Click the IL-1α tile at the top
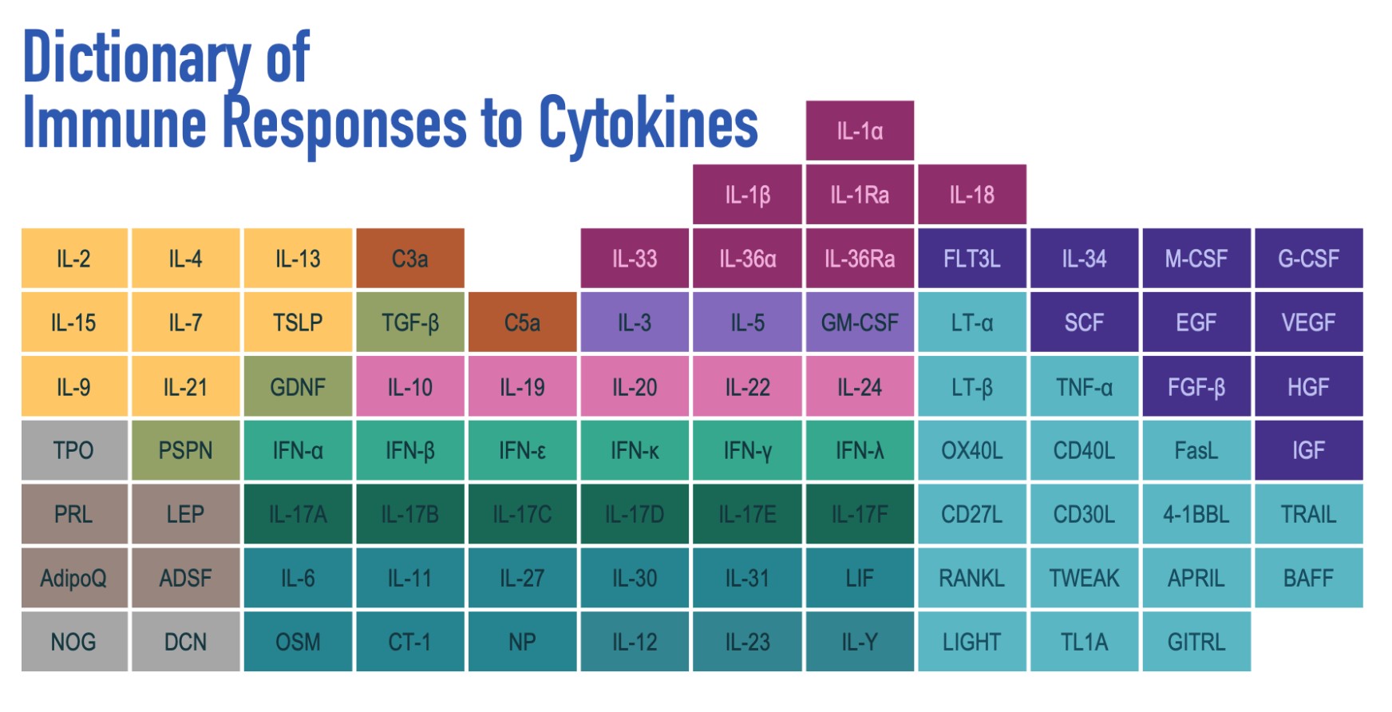(860, 131)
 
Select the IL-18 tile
(971, 195)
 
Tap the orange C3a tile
(410, 259)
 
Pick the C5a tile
(522, 322)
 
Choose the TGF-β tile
(410, 322)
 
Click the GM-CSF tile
(860, 322)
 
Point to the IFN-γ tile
(747, 451)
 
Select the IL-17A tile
(298, 515)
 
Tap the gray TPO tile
(73, 451)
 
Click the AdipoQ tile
(73, 578)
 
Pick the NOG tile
(73, 642)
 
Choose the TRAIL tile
(1308, 515)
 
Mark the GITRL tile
(1196, 642)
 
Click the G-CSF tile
(1308, 259)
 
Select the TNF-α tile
(1084, 387)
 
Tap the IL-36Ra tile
(860, 259)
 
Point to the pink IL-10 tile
(410, 387)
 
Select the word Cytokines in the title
(648, 124)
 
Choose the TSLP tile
(298, 322)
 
